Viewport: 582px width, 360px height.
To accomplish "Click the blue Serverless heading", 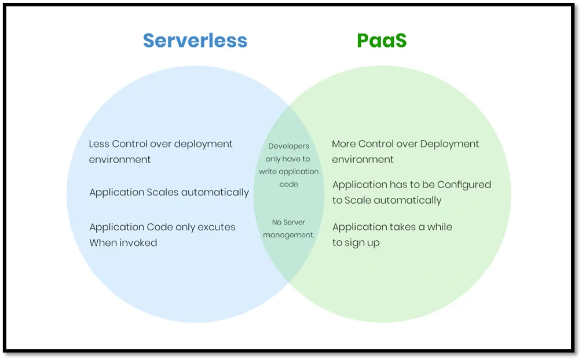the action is (195, 41).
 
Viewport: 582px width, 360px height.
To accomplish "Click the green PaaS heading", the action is (382, 41).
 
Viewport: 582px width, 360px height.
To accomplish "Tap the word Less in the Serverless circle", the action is (98, 144).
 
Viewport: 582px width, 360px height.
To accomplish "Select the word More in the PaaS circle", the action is (344, 144).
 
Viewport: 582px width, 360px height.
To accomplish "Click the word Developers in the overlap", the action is (289, 146).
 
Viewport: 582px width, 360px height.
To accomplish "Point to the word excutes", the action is (217, 227).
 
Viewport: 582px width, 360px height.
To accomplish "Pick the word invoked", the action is (139, 243).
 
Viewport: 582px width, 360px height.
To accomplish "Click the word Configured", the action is (464, 185).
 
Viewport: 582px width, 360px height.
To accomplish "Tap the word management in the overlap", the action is (288, 235).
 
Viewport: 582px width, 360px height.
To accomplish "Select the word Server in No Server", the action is (294, 222).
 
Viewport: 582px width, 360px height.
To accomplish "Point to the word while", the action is (440, 227).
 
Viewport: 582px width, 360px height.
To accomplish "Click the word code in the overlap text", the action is (289, 185).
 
